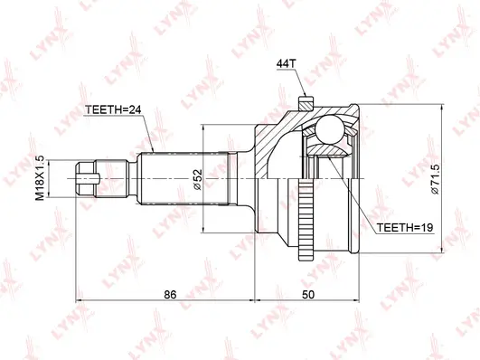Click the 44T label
(x=287, y=63)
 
